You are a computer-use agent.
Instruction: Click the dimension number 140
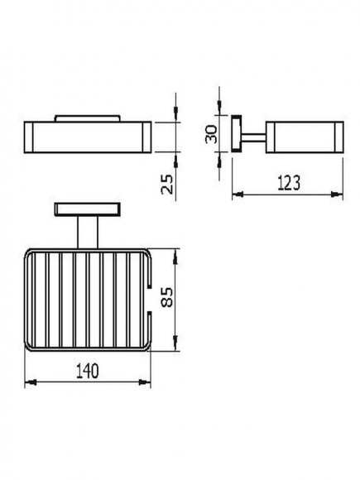[88, 371]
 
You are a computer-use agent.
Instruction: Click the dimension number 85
[167, 297]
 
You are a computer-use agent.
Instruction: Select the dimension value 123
[289, 183]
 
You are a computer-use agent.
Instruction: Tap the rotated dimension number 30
[211, 134]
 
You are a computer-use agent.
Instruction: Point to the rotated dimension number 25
[167, 184]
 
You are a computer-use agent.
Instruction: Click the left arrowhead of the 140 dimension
[31, 382]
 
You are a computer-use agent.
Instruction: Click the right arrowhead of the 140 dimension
[145, 382]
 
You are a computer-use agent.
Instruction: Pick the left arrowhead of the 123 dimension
[238, 194]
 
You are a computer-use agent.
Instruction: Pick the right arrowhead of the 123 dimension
[337, 194]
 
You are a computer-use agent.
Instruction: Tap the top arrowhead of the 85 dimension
[175, 257]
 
